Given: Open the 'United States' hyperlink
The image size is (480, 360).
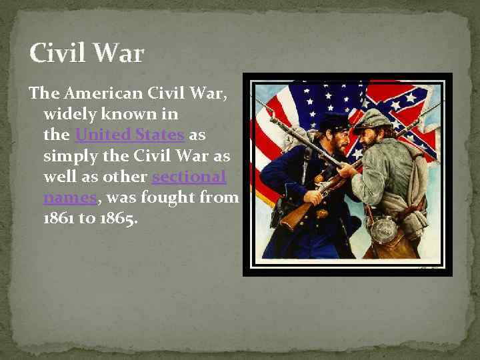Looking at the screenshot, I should point(129,135).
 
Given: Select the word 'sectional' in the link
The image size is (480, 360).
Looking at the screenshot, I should point(189,177).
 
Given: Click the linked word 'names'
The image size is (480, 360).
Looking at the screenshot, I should point(70,198).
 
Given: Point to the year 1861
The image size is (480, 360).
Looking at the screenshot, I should point(58,219).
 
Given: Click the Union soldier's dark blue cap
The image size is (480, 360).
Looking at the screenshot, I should point(333,121).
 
